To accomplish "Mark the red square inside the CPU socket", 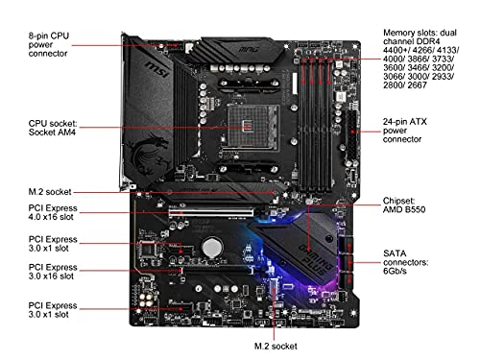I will (251, 125).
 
